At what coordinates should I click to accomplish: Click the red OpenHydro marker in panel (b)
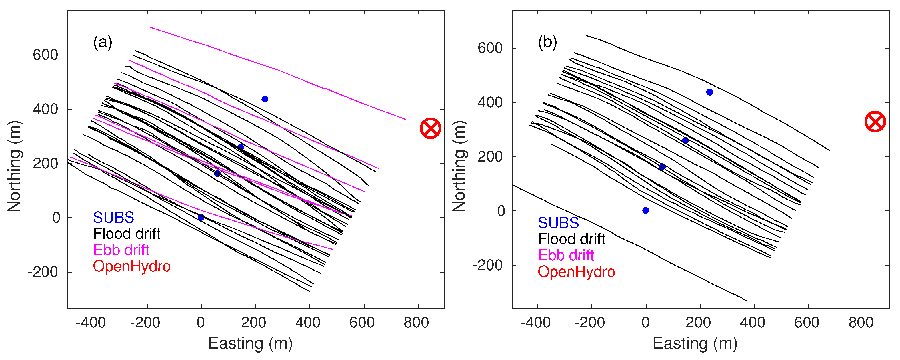point(875,122)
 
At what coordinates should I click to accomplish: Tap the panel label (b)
point(547,42)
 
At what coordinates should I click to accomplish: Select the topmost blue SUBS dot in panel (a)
point(265,99)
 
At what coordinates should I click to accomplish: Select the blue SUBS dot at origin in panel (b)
point(646,210)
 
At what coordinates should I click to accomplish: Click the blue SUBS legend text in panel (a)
point(113,217)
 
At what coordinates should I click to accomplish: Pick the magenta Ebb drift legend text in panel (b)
point(566,256)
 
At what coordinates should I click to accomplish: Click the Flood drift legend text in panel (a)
point(127,234)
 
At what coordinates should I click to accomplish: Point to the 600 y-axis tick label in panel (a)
point(45,55)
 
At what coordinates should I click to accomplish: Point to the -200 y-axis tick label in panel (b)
point(487,265)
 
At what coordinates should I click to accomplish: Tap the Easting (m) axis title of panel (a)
point(250,343)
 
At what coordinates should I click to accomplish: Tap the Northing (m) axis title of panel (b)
point(459,166)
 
